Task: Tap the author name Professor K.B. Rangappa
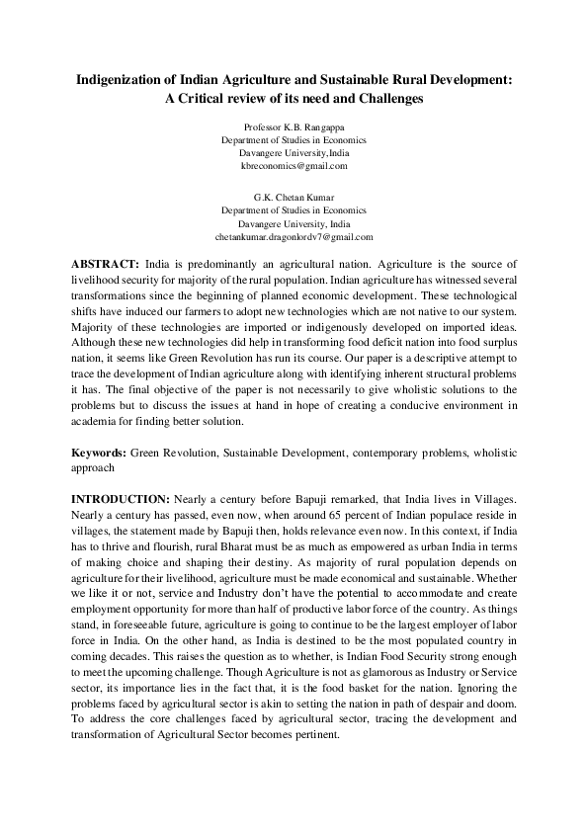point(294,127)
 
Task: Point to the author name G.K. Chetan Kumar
point(294,198)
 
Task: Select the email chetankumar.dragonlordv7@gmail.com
point(294,237)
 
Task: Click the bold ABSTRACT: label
point(106,267)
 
